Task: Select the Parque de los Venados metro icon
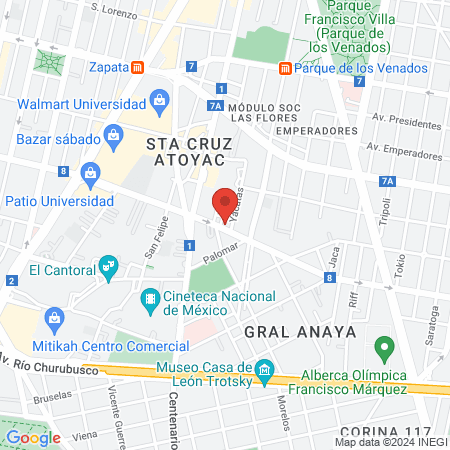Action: pyautogui.click(x=285, y=68)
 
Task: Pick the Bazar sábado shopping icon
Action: pyautogui.click(x=113, y=133)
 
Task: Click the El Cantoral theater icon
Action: pyautogui.click(x=109, y=267)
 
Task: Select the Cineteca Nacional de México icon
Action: pyautogui.click(x=150, y=297)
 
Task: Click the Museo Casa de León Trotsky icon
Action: pyautogui.click(x=264, y=370)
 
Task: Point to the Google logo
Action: pyautogui.click(x=33, y=437)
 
